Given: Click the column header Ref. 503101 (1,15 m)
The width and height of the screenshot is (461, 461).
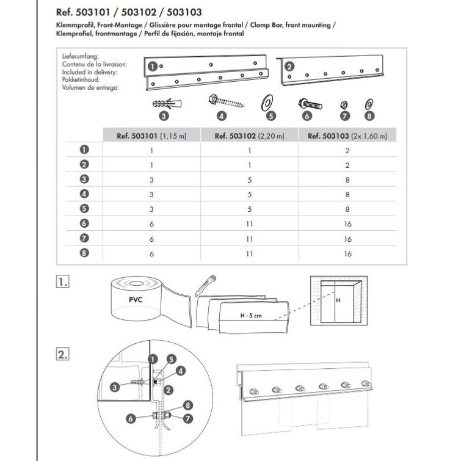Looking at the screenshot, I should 151,136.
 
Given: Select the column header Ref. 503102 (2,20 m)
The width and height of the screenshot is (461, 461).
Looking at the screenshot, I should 249,136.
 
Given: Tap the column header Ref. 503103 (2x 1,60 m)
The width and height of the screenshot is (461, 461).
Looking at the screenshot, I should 347,136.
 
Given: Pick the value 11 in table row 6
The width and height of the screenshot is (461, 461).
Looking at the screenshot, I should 249,223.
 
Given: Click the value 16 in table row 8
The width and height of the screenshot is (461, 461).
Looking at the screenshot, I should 347,253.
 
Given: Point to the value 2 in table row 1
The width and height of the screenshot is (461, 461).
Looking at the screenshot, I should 347,150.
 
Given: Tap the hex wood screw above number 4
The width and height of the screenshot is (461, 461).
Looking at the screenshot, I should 228,101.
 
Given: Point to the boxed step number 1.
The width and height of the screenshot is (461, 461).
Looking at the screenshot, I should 62,282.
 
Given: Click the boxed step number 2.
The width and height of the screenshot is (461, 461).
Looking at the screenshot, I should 62,354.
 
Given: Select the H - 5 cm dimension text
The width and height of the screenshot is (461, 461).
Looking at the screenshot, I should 250,316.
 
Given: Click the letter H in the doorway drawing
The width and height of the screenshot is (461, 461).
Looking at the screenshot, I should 336,301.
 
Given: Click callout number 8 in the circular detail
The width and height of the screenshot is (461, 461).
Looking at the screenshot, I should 189,404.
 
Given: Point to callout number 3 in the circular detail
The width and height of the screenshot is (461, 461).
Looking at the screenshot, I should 115,386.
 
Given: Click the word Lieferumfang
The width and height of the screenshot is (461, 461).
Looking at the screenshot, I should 80,57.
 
